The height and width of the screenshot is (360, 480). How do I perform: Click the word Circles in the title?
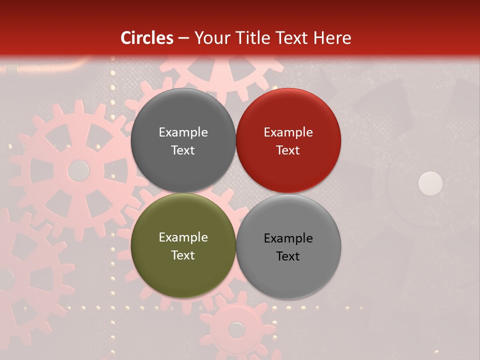(x=147, y=38)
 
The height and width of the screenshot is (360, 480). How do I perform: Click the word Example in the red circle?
(x=288, y=132)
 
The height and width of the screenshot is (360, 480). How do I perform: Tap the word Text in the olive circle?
(x=183, y=255)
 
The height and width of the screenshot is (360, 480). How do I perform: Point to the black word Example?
(x=288, y=238)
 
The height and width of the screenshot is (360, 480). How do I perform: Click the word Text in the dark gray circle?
(x=183, y=150)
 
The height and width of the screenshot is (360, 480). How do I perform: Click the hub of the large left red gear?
(x=78, y=170)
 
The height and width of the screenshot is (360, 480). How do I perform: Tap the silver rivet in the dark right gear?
(x=430, y=183)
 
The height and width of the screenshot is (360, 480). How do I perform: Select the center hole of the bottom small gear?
(x=236, y=329)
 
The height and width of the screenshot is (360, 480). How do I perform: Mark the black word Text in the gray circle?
(x=288, y=256)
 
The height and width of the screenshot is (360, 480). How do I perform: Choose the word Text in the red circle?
(x=288, y=150)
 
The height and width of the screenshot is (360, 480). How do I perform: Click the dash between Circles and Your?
(x=183, y=38)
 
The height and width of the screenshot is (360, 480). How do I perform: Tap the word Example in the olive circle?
(x=183, y=237)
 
